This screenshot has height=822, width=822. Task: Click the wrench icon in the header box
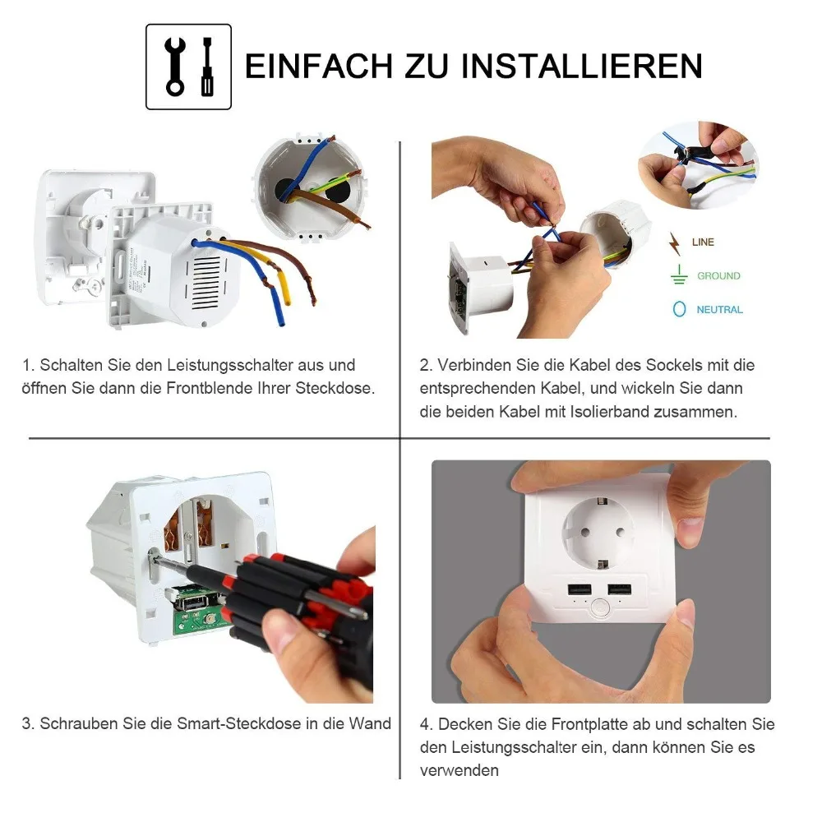coord(174,67)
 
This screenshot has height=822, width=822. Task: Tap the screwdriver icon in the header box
coord(208,67)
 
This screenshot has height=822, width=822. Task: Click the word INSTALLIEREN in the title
coord(582,66)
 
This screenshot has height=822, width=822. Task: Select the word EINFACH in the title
coord(319,66)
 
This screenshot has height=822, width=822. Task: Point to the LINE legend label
coord(703,242)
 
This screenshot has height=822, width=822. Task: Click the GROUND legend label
coord(718,275)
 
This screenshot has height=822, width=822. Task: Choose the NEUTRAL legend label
coord(719,310)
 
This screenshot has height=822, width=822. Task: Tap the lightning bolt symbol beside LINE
coord(675,244)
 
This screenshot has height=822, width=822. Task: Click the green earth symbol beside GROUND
coord(679,275)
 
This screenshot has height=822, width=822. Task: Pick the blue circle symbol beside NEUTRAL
coord(680,309)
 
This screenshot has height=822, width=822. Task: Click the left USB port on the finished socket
coord(580,589)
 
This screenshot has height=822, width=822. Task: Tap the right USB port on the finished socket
coord(619,589)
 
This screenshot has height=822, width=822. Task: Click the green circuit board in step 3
coord(199,613)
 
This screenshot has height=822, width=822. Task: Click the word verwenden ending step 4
coord(459,771)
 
